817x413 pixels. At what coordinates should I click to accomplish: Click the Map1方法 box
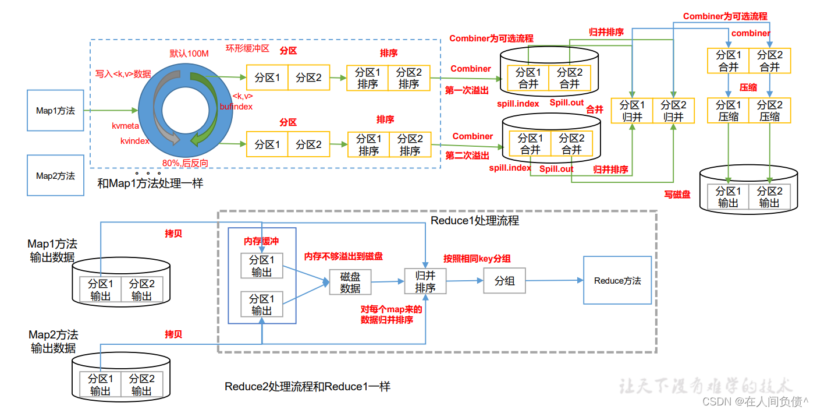(x=55, y=110)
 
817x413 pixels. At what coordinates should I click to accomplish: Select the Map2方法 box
(x=55, y=175)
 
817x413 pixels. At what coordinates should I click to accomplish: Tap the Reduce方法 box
(x=617, y=280)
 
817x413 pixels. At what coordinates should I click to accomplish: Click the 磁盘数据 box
(x=350, y=283)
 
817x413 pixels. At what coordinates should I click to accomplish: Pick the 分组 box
(x=505, y=281)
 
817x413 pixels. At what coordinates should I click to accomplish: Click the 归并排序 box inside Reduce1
(x=425, y=281)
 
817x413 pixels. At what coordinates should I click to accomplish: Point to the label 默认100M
(x=189, y=54)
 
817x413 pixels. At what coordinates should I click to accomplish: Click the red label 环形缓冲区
(x=247, y=48)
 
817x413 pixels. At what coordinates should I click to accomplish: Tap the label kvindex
(x=135, y=141)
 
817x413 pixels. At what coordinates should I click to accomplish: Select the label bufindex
(x=236, y=107)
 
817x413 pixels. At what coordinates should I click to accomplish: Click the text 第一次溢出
(x=467, y=91)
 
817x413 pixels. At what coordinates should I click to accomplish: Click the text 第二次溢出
(x=467, y=156)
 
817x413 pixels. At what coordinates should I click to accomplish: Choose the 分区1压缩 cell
(x=728, y=110)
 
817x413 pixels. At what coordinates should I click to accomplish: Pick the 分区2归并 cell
(x=673, y=110)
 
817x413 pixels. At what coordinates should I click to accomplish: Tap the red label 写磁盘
(x=677, y=195)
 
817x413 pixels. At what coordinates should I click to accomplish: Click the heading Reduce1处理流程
(x=475, y=221)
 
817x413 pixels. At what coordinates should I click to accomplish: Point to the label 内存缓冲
(x=261, y=241)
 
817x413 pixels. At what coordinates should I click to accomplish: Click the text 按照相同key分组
(x=477, y=259)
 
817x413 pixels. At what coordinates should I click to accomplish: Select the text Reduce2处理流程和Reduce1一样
(x=307, y=386)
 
